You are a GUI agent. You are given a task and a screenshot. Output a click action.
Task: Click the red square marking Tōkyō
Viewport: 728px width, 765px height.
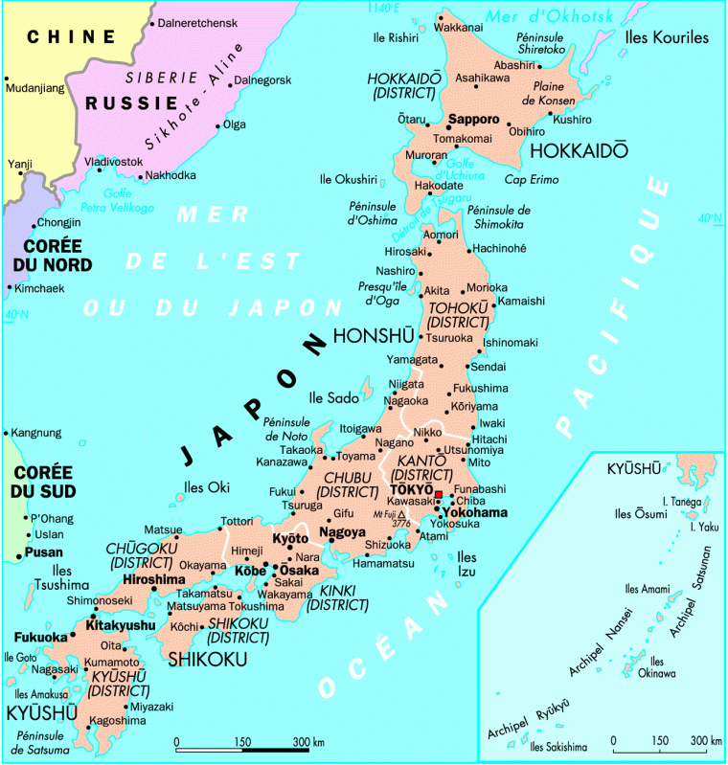tap(439, 495)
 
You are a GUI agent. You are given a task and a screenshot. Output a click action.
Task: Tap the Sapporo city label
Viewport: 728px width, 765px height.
tap(474, 120)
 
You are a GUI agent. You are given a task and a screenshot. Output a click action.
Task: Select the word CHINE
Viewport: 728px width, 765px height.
tap(71, 37)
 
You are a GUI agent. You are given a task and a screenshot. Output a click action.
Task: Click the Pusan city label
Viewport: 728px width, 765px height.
tap(44, 552)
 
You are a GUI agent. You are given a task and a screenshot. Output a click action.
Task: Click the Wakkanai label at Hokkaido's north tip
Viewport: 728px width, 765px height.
tap(458, 28)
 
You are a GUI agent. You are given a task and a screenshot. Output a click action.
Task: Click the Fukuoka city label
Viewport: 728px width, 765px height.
tap(40, 637)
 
